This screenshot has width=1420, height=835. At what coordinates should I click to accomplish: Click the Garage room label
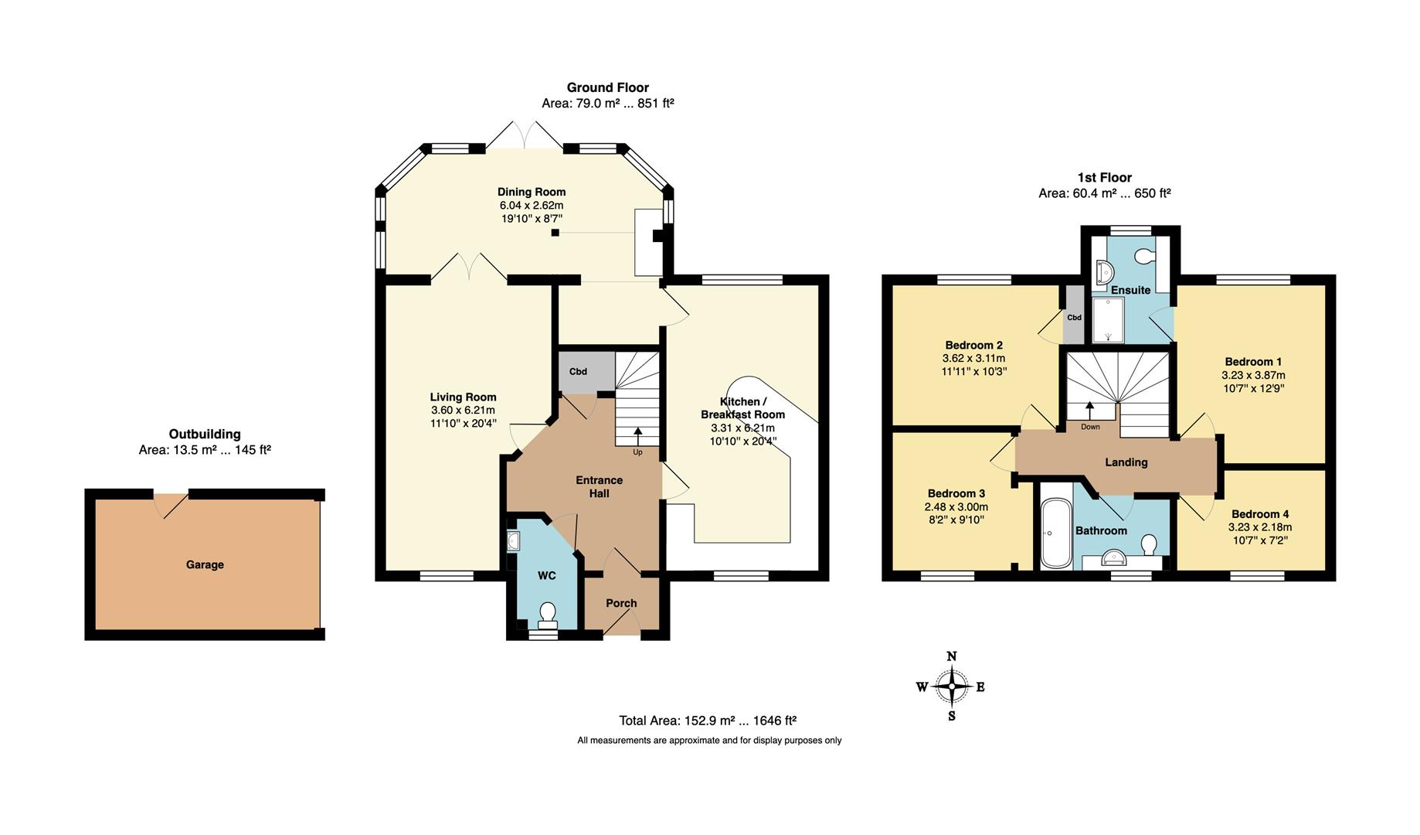(x=205, y=565)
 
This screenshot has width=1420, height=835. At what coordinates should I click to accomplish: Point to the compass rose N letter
(x=952, y=657)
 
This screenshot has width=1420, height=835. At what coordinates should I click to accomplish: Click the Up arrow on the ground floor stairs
(x=637, y=437)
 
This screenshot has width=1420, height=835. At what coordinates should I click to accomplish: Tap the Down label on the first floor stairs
(x=1090, y=427)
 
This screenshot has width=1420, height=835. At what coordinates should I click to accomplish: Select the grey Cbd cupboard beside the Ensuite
(x=1074, y=315)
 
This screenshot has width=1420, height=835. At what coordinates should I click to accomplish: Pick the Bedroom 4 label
(x=1260, y=514)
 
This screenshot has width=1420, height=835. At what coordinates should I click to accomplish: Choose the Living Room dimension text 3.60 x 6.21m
(x=464, y=411)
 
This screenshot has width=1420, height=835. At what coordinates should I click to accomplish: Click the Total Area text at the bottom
(x=708, y=721)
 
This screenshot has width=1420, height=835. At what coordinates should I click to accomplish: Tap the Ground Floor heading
(x=608, y=87)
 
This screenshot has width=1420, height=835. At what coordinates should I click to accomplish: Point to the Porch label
(x=621, y=604)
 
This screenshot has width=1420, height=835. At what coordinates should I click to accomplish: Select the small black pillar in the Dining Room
(x=555, y=232)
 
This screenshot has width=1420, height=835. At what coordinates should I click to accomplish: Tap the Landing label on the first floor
(x=1126, y=462)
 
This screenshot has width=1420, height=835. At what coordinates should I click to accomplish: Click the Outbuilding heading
(x=205, y=435)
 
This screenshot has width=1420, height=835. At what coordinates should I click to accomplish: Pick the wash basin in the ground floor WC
(x=514, y=541)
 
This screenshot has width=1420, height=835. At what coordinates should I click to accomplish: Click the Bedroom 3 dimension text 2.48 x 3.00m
(x=956, y=507)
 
